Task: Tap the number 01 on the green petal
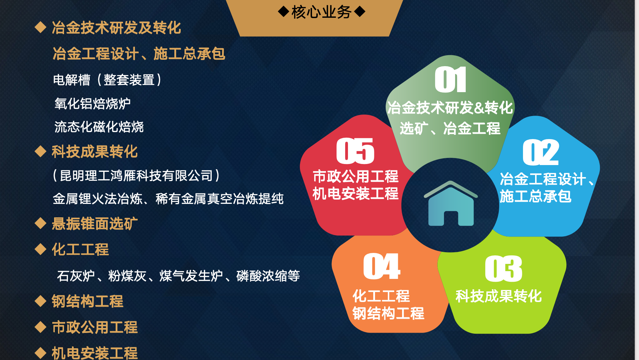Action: click(450, 80)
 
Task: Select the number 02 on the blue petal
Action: click(541, 152)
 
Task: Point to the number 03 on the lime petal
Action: click(503, 269)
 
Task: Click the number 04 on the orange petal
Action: click(382, 266)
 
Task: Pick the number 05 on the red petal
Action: click(355, 151)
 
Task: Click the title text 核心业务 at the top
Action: click(321, 12)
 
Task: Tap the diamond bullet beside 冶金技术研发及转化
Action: click(41, 27)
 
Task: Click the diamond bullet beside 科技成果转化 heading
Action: click(41, 151)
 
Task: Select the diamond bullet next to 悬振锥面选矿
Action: click(41, 223)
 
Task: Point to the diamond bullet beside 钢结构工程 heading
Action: click(41, 301)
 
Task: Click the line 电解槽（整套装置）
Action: click(107, 80)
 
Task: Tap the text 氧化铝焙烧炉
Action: click(93, 104)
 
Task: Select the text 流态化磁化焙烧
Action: click(99, 127)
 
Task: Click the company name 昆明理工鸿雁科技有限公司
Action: click(136, 175)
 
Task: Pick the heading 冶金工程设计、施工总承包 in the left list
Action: click(139, 54)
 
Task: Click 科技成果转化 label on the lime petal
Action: click(498, 296)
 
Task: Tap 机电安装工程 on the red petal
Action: click(355, 194)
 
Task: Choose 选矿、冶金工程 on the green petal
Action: click(450, 128)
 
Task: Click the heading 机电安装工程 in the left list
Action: click(95, 353)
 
